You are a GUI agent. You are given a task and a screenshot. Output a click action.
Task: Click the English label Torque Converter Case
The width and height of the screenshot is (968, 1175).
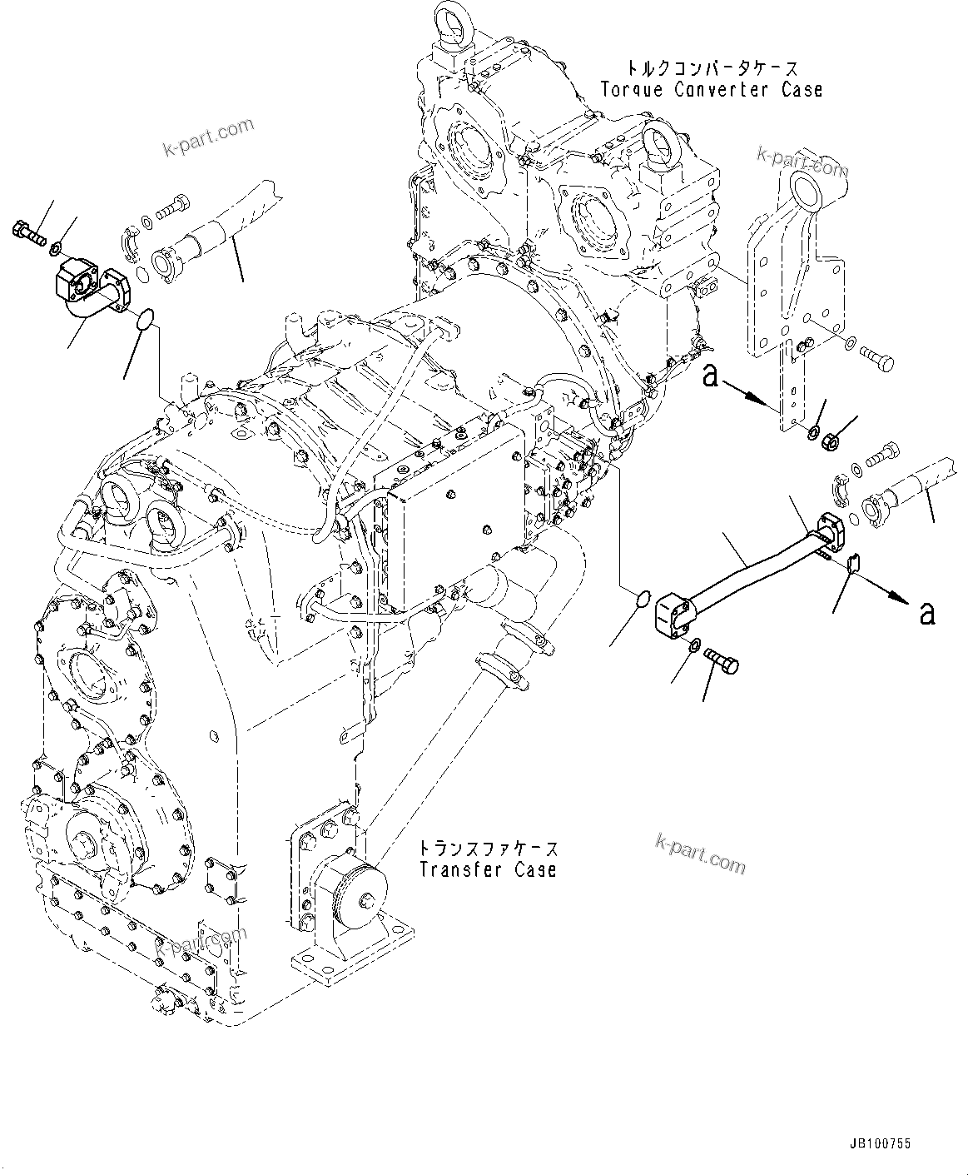click(x=711, y=90)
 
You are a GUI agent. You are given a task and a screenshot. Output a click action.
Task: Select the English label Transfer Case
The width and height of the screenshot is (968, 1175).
click(x=487, y=869)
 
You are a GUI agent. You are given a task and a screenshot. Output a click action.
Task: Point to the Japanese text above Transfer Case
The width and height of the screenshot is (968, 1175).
click(x=487, y=849)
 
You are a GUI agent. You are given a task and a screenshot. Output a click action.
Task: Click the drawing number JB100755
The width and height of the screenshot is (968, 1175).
click(x=881, y=1144)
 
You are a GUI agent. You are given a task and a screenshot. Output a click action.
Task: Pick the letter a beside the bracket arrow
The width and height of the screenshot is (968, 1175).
click(x=709, y=376)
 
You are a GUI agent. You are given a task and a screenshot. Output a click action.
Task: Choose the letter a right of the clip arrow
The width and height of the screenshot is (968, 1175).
click(x=926, y=614)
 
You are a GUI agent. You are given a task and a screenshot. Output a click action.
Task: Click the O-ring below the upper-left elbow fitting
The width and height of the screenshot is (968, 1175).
click(x=144, y=317)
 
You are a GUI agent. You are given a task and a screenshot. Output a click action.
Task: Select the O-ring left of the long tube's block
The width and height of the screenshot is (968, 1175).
click(x=641, y=599)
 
